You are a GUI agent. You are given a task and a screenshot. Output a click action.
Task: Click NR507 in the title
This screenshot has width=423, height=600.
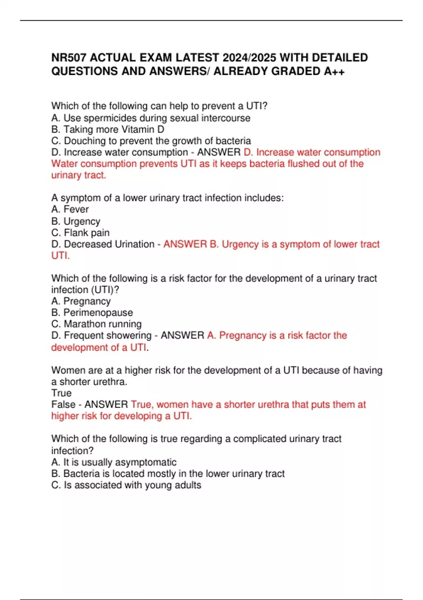point(69,58)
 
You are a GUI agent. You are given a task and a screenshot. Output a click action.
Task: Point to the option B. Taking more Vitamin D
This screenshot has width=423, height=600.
point(108,130)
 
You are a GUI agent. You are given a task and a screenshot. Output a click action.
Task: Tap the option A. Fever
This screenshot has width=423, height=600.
point(70,209)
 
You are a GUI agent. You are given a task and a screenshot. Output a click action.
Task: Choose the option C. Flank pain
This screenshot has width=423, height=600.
point(80,233)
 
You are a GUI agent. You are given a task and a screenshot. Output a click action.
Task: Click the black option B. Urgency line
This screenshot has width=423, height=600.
point(76,221)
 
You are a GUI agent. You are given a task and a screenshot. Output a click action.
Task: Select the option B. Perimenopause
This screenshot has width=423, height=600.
point(92,313)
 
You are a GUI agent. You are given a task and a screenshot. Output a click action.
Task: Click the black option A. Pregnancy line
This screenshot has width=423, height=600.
point(81,301)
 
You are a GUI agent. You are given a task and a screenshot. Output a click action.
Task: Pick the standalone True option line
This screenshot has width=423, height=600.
point(61,393)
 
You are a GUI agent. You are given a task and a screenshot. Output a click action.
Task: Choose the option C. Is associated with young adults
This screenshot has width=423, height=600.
point(126,485)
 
